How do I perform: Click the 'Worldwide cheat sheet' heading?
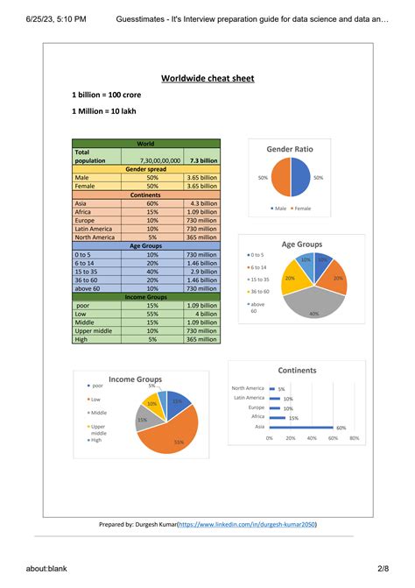(207, 78)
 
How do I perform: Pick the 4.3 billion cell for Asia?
(202, 203)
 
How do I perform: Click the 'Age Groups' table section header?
(146, 246)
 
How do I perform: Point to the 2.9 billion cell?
(202, 272)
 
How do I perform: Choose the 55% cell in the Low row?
(152, 314)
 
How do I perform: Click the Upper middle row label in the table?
(94, 330)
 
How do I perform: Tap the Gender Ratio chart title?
(289, 150)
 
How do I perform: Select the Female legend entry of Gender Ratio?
(301, 209)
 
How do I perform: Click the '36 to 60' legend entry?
(260, 291)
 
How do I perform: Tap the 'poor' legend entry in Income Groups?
(97, 386)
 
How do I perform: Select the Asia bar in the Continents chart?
(301, 427)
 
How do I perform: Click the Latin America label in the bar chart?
(249, 398)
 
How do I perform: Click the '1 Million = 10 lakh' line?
(103, 110)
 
